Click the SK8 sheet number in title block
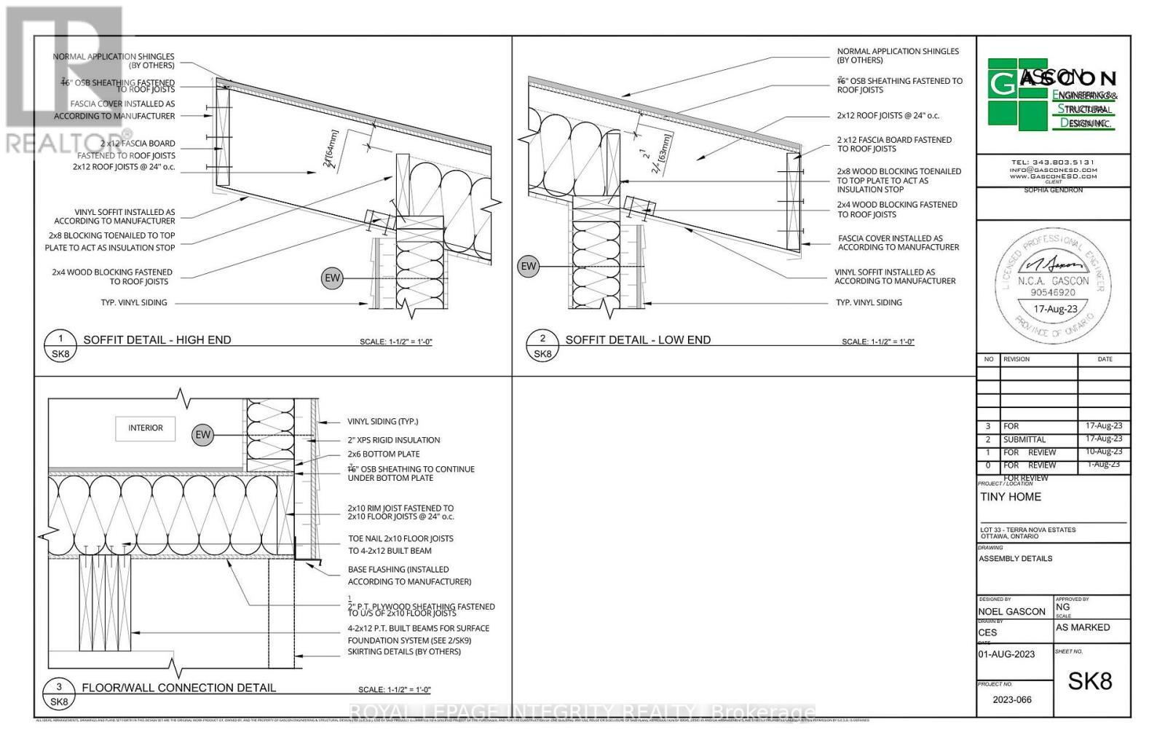click(x=1090, y=681)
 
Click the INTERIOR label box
click(x=146, y=428)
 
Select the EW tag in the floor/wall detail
click(x=202, y=435)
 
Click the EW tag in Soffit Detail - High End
click(x=332, y=278)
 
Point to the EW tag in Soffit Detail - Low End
click(x=529, y=267)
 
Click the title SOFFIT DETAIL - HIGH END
click(x=157, y=339)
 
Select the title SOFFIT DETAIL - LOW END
click(x=638, y=339)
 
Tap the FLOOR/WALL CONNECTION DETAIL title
click(x=178, y=688)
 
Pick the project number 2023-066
click(x=1012, y=699)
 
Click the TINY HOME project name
click(x=1011, y=497)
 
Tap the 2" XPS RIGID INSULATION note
click(x=394, y=440)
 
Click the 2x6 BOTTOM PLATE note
click(x=384, y=454)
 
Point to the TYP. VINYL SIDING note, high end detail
click(x=134, y=302)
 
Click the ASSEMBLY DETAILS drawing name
click(x=1015, y=559)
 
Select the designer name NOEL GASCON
click(x=1012, y=612)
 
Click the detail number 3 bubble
click(x=59, y=687)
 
